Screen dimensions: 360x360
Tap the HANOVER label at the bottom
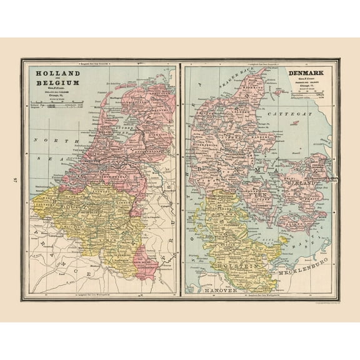click(x=212, y=290)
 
